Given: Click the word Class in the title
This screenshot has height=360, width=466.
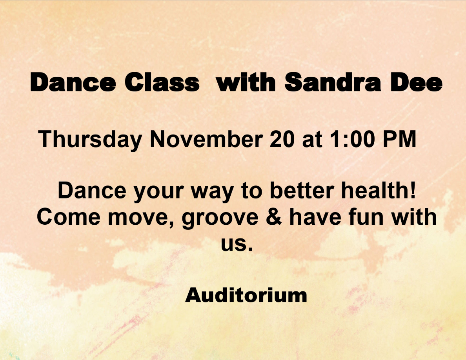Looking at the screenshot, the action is [162, 82].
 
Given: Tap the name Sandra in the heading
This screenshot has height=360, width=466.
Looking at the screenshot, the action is [333, 82].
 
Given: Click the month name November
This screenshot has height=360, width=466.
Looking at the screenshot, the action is [206, 139].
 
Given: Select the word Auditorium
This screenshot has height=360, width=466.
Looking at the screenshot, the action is [246, 295].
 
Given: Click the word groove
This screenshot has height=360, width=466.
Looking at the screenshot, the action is [220, 218].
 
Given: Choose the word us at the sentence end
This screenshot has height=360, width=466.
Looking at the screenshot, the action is [237, 244].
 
